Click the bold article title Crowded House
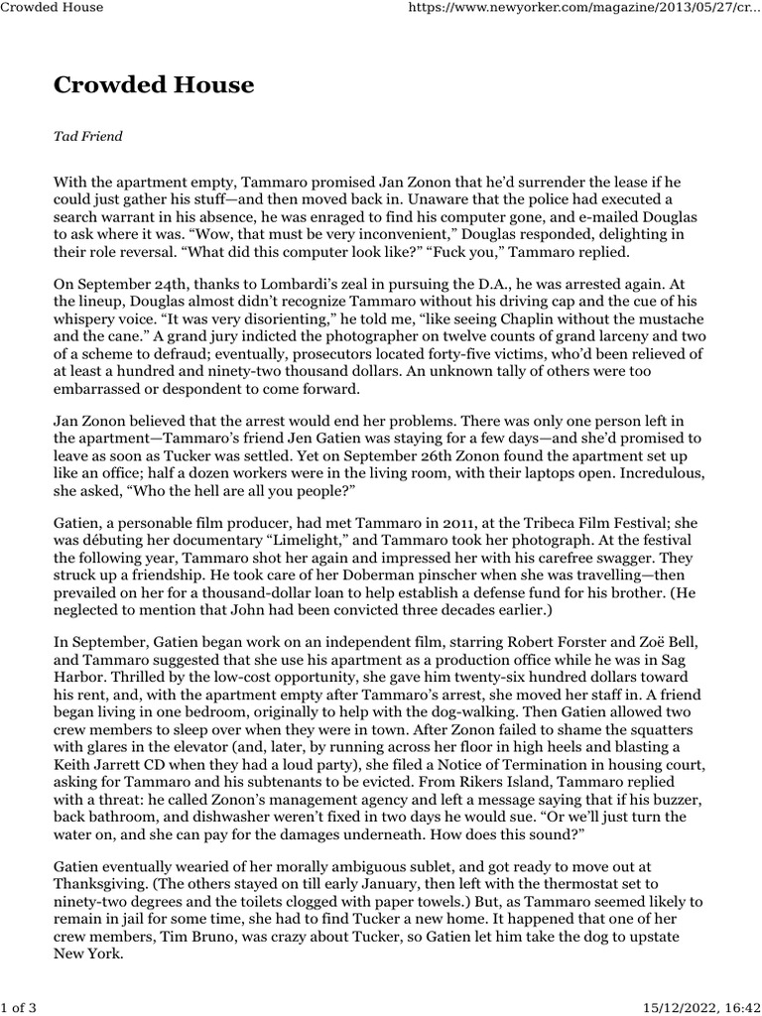tap(154, 85)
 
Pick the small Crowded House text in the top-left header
tap(52, 8)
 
